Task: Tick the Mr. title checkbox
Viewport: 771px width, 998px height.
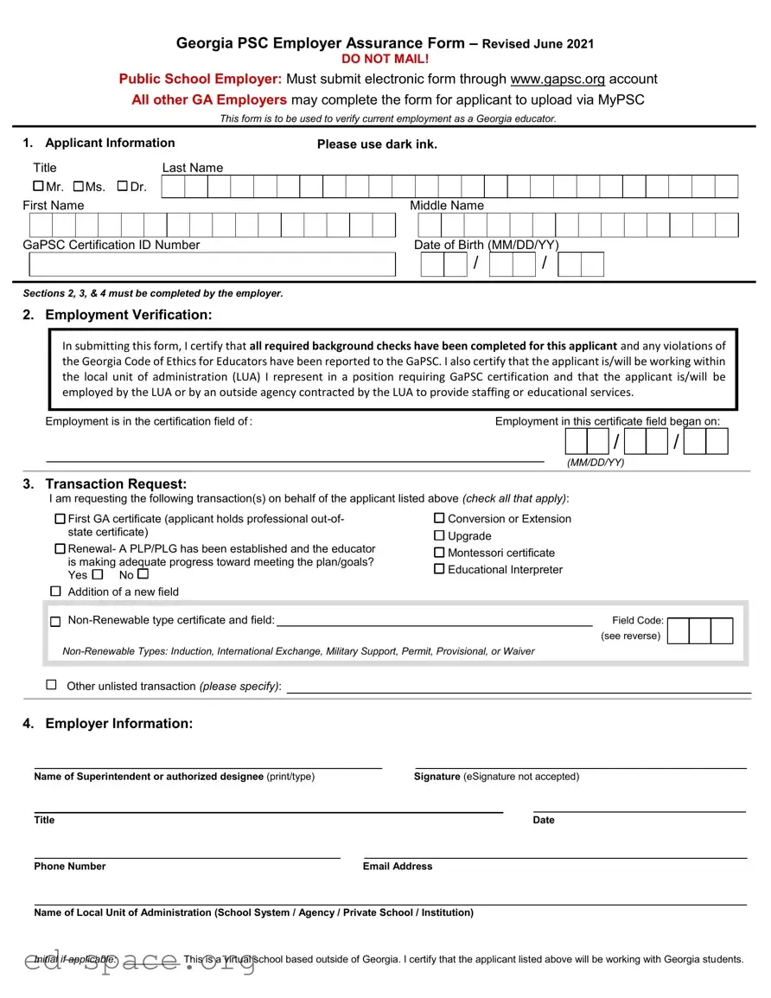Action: pos(38,186)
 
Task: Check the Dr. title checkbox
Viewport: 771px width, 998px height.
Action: pos(122,186)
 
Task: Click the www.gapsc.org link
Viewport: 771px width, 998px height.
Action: pos(558,79)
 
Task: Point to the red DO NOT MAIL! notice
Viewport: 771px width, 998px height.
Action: pos(385,59)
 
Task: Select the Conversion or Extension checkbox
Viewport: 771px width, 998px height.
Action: pos(439,518)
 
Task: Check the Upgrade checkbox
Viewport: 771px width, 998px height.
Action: pos(439,535)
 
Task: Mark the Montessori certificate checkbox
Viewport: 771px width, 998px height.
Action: pos(439,553)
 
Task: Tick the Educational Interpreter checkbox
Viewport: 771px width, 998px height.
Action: pos(439,569)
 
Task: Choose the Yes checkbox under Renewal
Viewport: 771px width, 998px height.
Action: pos(97,574)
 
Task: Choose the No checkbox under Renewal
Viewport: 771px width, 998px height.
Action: pos(143,574)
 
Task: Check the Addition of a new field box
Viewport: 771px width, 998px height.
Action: pos(56,592)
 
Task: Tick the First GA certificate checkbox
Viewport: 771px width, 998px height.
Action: pos(60,519)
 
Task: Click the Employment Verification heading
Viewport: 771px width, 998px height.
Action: pos(128,315)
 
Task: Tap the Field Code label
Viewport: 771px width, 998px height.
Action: pos(638,620)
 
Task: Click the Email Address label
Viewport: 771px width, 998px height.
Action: pos(398,866)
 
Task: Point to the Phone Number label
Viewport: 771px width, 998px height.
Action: pos(70,866)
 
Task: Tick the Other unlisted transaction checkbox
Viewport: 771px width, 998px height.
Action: pos(52,685)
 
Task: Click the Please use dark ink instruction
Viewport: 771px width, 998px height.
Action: pos(377,144)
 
